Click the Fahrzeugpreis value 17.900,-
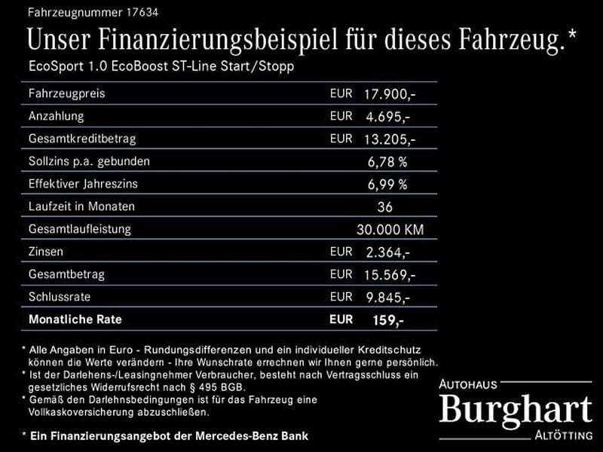[389, 95]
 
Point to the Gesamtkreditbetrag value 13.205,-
[389, 139]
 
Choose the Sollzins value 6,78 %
[387, 162]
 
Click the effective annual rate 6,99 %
[387, 185]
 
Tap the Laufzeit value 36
[386, 207]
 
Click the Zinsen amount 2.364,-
[387, 252]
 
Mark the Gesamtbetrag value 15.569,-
[389, 275]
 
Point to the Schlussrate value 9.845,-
[387, 298]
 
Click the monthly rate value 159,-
[388, 320]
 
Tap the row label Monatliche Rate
[75, 319]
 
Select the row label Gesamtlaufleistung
[79, 229]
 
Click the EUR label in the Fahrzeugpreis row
[341, 94]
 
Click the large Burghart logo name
[516, 411]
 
